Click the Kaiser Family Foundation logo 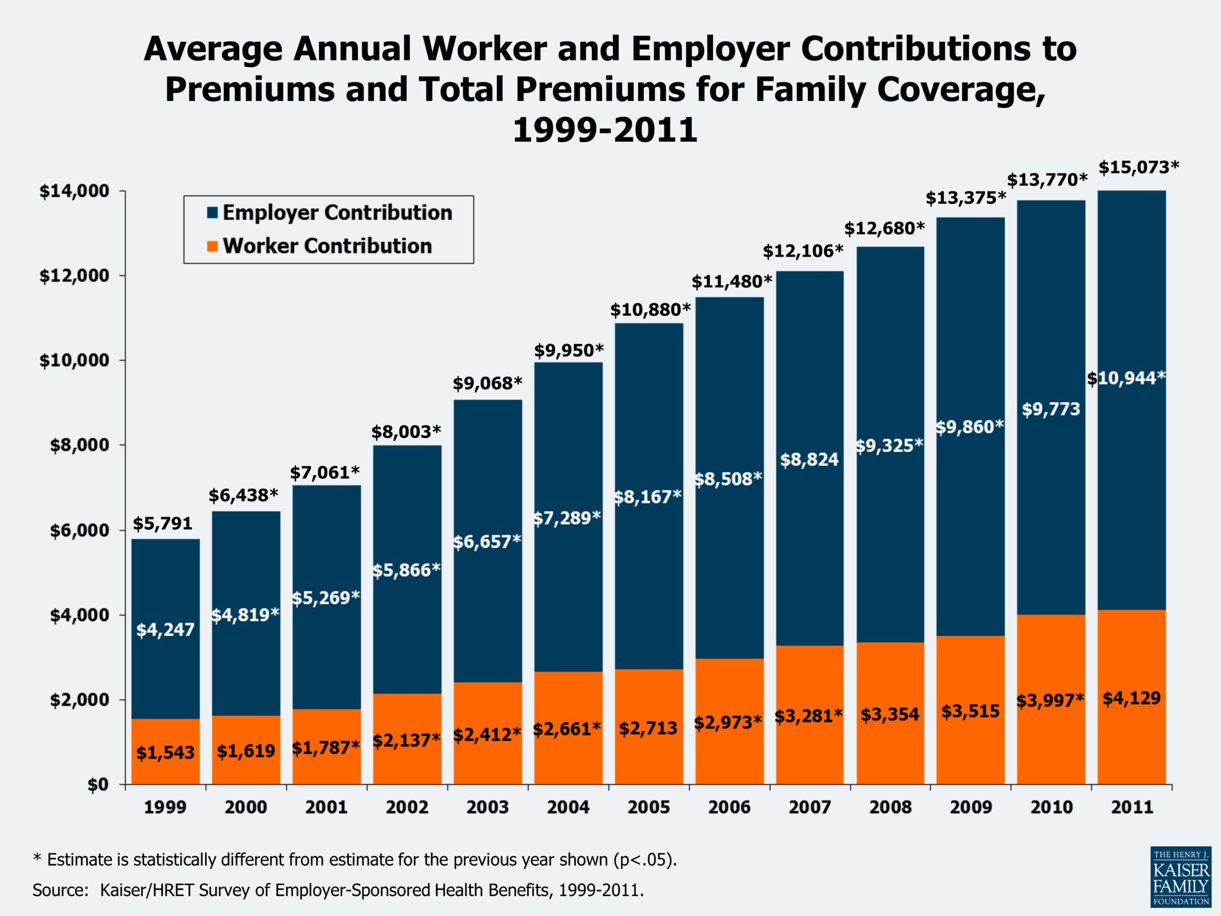[x=1181, y=877]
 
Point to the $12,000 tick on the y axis [x=74, y=276]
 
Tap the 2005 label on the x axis [x=649, y=807]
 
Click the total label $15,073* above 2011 [x=1138, y=167]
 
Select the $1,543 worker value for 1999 [x=165, y=752]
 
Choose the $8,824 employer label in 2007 [x=809, y=459]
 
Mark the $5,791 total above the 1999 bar [x=162, y=523]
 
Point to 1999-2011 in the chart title [x=605, y=130]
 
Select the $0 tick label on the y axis [x=98, y=785]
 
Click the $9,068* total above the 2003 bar [x=487, y=383]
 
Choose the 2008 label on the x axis [x=890, y=807]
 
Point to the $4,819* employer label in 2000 [x=245, y=614]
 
